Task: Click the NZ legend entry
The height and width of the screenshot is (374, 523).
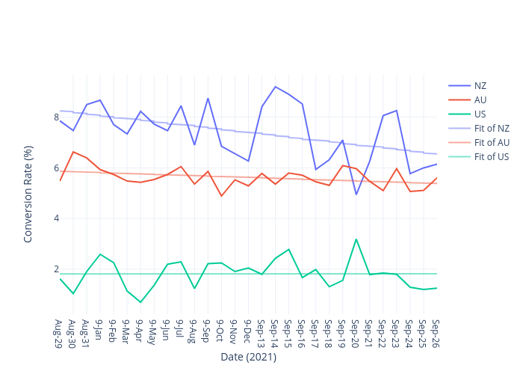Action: pos(480,85)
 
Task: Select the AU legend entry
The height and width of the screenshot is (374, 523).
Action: pos(480,99)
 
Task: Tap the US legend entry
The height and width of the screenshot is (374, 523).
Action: pos(480,114)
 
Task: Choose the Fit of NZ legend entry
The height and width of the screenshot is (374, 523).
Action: pos(492,128)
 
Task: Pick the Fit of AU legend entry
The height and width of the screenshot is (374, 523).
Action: pos(492,142)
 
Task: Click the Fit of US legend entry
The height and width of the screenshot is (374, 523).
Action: pos(492,156)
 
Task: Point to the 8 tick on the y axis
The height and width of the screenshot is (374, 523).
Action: pos(56,117)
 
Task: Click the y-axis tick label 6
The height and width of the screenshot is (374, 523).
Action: pos(56,168)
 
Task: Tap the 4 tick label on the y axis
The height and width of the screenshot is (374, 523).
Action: pos(56,219)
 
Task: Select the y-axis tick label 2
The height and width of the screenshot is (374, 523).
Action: pos(56,270)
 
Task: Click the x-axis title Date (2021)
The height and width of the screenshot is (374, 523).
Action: pos(248,358)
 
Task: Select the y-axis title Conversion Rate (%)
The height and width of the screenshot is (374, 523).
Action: pos(28,194)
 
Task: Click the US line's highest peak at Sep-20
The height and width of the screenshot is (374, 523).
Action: pos(356,239)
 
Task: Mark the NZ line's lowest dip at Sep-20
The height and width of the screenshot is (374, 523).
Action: pos(356,194)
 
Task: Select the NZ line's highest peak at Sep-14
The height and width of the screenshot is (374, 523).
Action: pos(275,87)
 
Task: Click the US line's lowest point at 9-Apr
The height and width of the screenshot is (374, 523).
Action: pos(140,302)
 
